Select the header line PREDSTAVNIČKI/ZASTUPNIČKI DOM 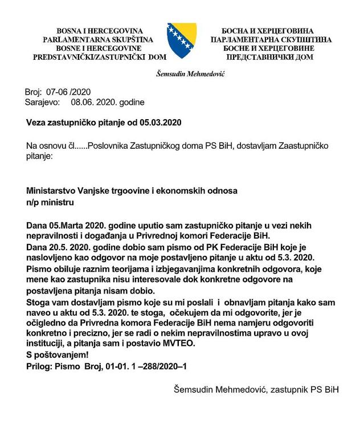(99, 58)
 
